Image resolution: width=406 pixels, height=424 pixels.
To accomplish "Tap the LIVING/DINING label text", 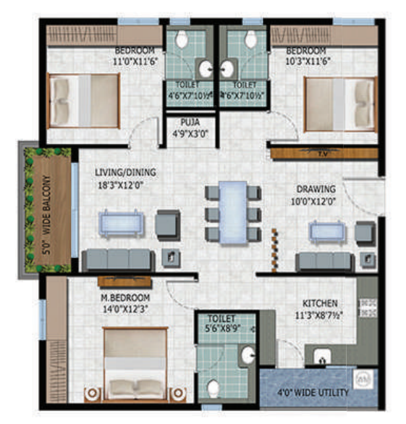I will (125, 172).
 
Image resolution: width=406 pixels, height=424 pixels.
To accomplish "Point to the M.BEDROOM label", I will (124, 298).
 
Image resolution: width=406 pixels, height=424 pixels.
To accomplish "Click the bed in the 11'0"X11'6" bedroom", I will (83, 99).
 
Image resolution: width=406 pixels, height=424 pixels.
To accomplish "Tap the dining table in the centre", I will (233, 211).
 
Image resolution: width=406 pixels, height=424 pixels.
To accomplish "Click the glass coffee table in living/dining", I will (117, 224).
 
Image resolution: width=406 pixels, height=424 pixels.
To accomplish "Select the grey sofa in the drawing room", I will (321, 261).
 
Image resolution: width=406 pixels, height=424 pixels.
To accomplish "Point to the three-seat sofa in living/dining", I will (117, 259).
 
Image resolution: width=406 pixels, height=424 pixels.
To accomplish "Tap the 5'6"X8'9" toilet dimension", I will (223, 328).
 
